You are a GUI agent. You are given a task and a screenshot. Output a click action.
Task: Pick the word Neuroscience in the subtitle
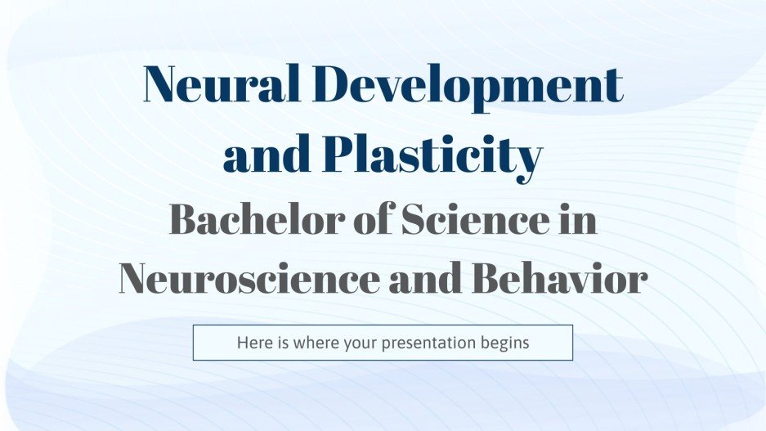(248, 279)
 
